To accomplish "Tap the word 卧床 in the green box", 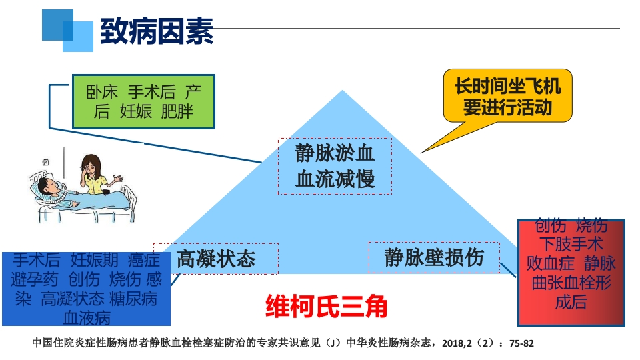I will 101,91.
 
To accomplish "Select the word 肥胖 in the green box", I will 177,111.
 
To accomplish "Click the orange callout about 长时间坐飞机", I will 507,97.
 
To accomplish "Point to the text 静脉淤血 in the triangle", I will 335,154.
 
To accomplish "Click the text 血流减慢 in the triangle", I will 335,178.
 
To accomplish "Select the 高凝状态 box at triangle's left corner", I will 216,259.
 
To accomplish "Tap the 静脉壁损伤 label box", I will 433,257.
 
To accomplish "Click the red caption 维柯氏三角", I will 326,306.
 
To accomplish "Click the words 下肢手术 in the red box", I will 571,243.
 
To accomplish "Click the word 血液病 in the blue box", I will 86,317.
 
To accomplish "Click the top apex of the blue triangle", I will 343,92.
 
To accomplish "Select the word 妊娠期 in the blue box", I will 95,259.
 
